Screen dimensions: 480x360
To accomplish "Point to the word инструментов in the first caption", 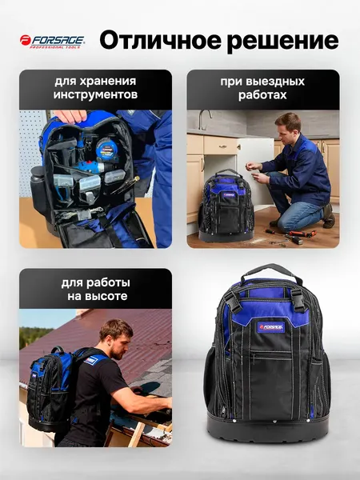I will click(x=95, y=95).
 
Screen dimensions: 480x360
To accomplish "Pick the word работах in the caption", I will click(x=262, y=95).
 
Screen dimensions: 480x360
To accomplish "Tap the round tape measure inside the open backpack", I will click(x=106, y=148).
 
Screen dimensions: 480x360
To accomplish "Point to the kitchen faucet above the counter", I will click(x=206, y=120).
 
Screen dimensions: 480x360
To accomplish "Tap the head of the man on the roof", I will click(x=117, y=337).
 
